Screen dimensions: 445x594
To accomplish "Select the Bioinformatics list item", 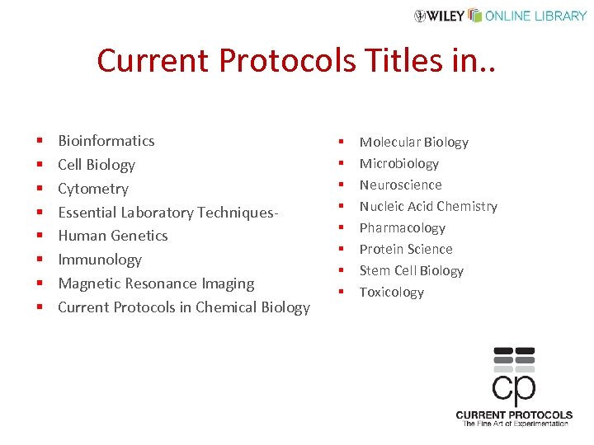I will coord(106,141).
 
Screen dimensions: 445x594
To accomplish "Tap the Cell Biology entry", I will coord(97,165).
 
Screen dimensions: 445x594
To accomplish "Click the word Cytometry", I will coord(93,189).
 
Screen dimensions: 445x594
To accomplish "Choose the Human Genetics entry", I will coord(113,236).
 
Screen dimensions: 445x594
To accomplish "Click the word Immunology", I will coord(100,260).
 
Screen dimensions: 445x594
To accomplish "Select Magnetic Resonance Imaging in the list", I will coord(156,283).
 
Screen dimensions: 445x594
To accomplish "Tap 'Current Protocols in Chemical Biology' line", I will coord(184,307).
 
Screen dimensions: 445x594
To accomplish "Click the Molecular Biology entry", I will coord(413,143).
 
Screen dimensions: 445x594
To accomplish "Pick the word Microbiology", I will coord(399,164).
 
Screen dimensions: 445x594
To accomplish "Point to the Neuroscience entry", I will coord(400,185).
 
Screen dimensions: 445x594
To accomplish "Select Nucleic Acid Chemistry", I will coord(428,207).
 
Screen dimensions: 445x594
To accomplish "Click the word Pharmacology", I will coord(402,228).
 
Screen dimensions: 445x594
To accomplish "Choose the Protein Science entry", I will coord(406,250).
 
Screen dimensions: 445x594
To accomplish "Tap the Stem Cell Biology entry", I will coord(411,271).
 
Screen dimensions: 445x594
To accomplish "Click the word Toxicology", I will coord(392,293).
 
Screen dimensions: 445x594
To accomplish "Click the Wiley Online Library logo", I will coord(501,16).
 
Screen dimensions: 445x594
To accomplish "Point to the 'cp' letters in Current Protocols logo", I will coord(513,386).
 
